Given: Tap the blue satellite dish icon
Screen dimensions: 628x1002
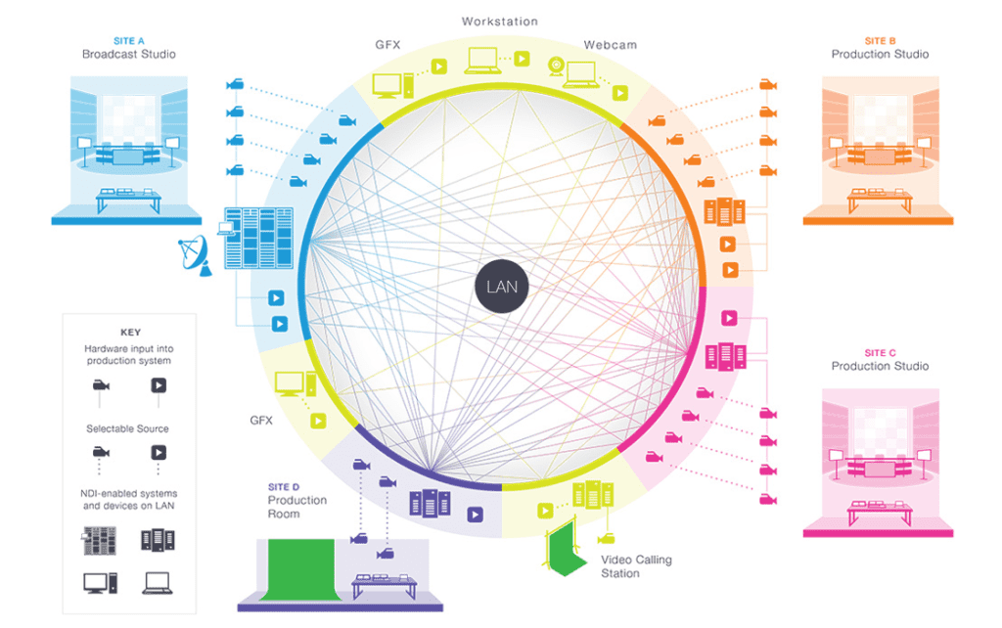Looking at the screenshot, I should [x=197, y=256].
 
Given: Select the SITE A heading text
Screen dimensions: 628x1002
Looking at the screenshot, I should [x=128, y=41].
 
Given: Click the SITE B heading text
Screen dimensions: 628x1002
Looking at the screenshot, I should [x=880, y=41].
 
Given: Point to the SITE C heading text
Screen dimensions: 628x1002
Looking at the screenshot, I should [x=880, y=353].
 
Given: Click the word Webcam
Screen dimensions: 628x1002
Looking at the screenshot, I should [x=611, y=45].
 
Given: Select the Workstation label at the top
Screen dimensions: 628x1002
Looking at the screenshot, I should [x=499, y=21].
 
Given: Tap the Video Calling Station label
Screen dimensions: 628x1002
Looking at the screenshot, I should [x=636, y=566].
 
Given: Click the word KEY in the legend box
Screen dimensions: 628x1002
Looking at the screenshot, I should [x=130, y=333].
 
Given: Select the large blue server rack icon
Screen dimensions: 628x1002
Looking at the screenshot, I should [x=259, y=238].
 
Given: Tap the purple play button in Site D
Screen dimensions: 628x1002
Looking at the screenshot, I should [x=476, y=514].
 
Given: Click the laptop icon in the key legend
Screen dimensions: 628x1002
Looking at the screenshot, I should [x=159, y=583].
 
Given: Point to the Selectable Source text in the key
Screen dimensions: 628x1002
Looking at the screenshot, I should [x=127, y=428].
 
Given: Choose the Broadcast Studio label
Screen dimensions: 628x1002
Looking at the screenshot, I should [x=128, y=55].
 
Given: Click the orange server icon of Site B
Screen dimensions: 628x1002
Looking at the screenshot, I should [x=724, y=212].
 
